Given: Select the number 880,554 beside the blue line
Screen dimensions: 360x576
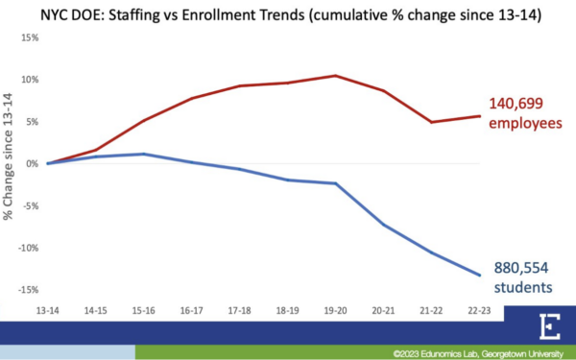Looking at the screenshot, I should [x=525, y=268].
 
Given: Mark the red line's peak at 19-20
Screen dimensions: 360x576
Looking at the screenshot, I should [x=335, y=76].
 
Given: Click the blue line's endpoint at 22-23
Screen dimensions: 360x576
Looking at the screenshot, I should [x=479, y=276].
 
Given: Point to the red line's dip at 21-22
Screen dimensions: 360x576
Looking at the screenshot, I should [x=431, y=122].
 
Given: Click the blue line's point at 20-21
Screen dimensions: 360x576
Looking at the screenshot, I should [x=383, y=225].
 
